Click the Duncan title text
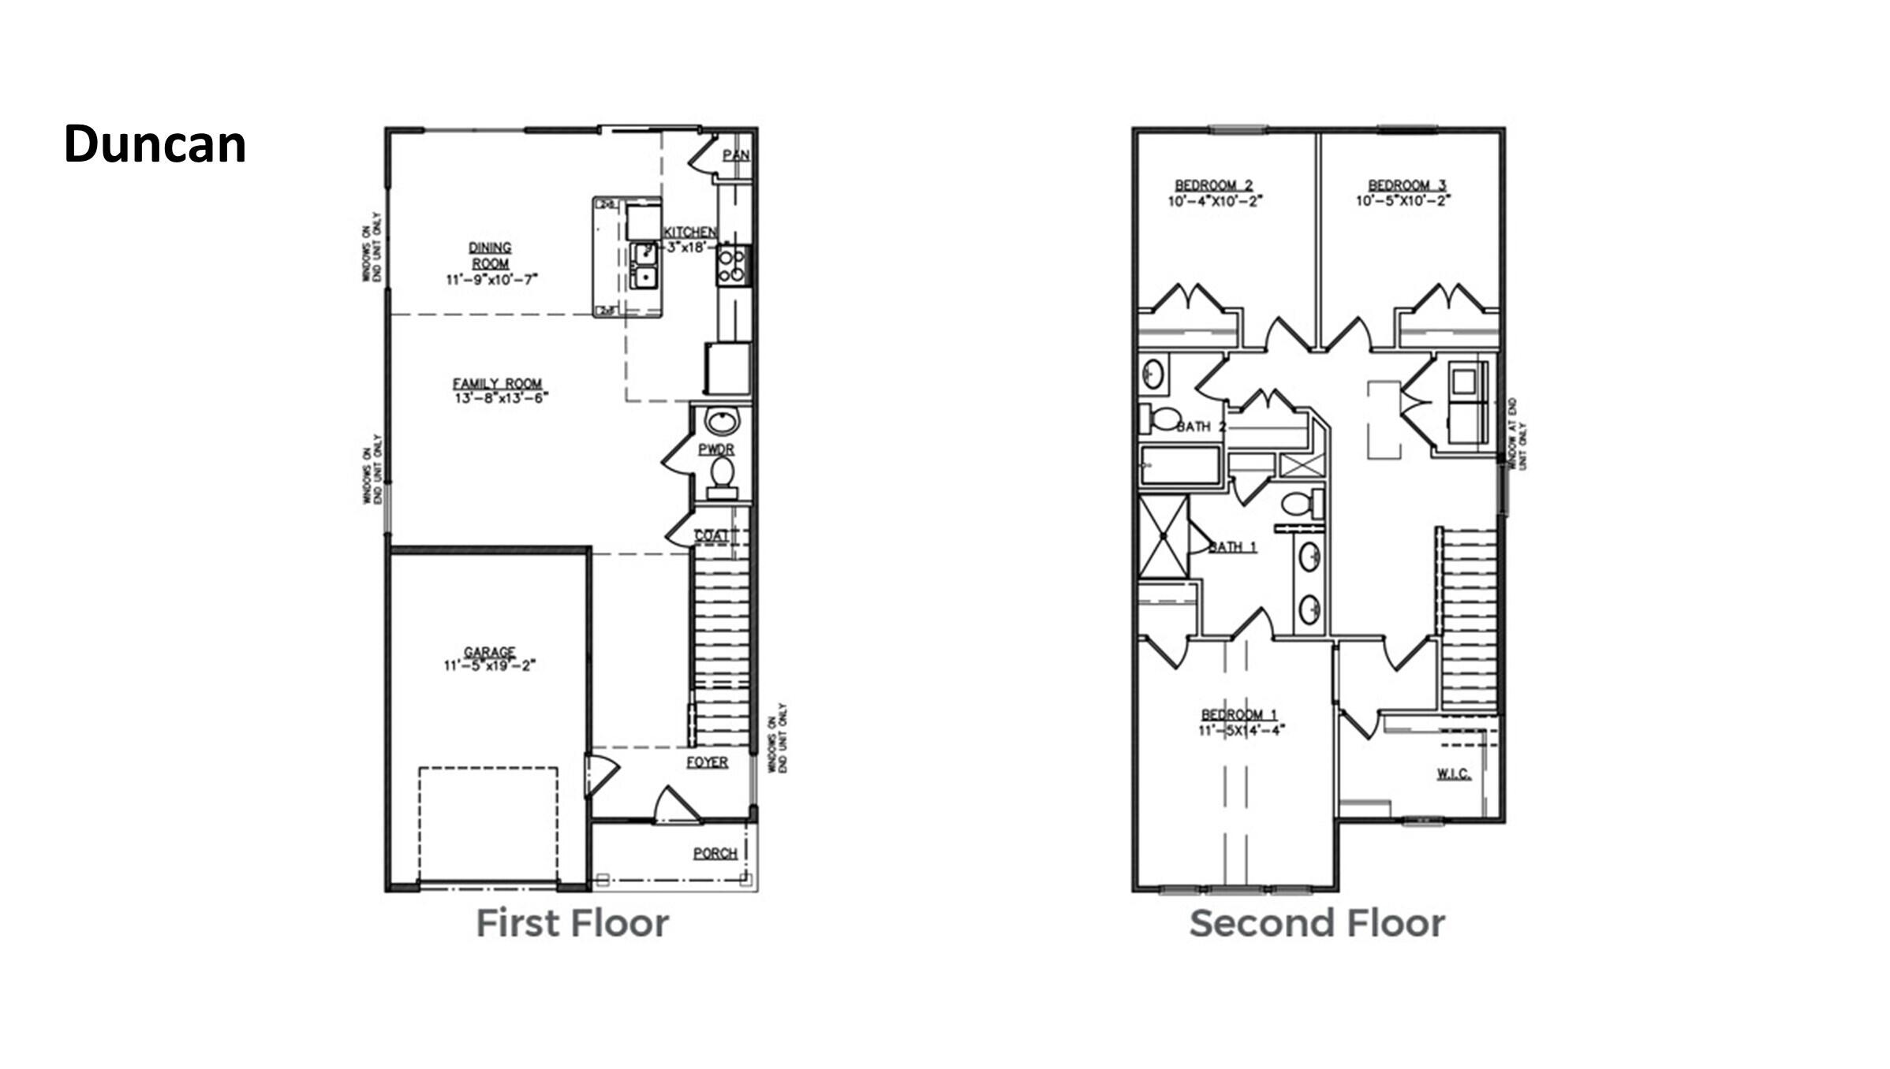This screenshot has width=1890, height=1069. click(155, 145)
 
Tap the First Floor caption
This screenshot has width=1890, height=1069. click(572, 923)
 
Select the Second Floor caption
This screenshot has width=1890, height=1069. click(1317, 923)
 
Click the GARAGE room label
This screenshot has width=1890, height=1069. click(489, 652)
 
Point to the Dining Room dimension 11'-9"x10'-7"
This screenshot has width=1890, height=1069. click(491, 279)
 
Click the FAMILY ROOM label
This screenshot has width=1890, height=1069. click(497, 384)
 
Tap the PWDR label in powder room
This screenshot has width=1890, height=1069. click(716, 449)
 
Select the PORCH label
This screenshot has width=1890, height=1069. click(715, 853)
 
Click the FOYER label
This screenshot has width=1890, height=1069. click(707, 762)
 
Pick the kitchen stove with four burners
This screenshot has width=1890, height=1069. click(733, 266)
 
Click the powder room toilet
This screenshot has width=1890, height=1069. click(722, 477)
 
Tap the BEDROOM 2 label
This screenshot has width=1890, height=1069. click(1214, 185)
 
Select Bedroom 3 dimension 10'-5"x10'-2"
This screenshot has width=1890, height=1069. click(1403, 201)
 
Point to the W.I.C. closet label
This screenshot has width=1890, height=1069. click(1453, 774)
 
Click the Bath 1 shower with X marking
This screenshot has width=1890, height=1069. click(1164, 537)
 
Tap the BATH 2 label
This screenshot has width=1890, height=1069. click(1201, 427)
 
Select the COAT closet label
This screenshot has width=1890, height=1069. click(712, 535)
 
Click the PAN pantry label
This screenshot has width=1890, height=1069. click(736, 155)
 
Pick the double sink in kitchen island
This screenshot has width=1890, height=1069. click(644, 266)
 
